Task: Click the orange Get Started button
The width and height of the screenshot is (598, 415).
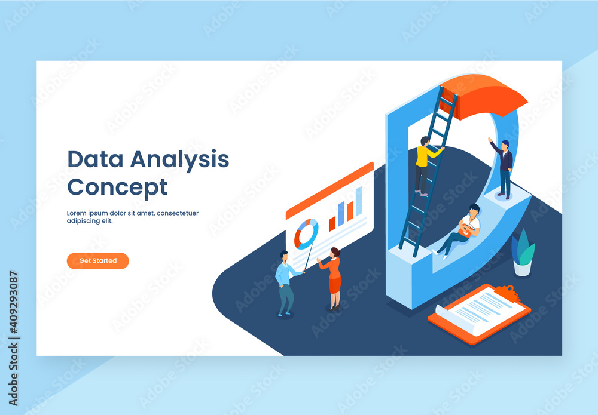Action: [97, 261]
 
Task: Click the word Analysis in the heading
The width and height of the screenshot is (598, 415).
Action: [180, 159]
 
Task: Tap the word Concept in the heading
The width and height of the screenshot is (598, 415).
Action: [117, 187]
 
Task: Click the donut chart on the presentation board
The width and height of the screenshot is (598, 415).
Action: [306, 233]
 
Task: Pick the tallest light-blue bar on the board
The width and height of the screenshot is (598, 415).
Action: [359, 201]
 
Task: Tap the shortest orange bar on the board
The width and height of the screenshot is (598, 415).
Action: [332, 224]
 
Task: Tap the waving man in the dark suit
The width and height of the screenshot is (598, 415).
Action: [504, 167]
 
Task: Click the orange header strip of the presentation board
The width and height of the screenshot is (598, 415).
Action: [329, 190]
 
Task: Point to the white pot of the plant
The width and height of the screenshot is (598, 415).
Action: [523, 269]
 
